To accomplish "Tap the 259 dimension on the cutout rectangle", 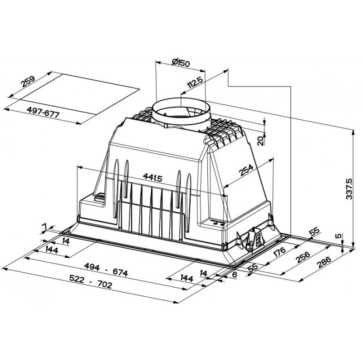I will (x=28, y=83).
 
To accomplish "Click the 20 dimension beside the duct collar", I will (x=260, y=141).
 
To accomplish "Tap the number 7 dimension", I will (x=44, y=226).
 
